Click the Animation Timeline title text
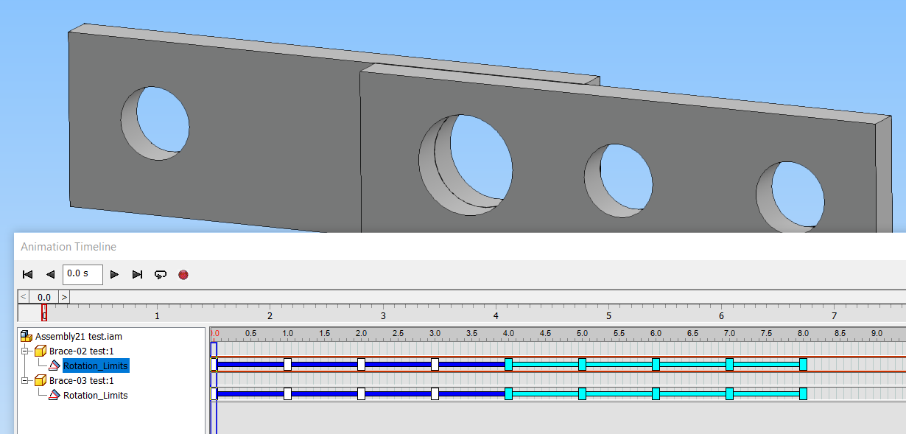coord(69,247)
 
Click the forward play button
coord(114,274)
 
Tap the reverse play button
coord(50,274)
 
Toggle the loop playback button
coord(160,274)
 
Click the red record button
coord(183,274)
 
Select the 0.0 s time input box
coord(82,274)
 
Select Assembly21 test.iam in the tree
coord(78,336)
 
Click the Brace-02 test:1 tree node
coord(81,351)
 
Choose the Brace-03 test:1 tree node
coord(81,380)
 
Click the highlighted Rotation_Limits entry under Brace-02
coord(95,365)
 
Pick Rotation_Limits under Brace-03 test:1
coord(95,395)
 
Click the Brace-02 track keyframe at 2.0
coord(361,364)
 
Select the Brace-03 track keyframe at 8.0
coord(803,393)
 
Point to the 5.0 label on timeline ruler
coord(582,333)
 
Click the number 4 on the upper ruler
coord(496,315)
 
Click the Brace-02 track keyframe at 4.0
coord(508,364)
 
